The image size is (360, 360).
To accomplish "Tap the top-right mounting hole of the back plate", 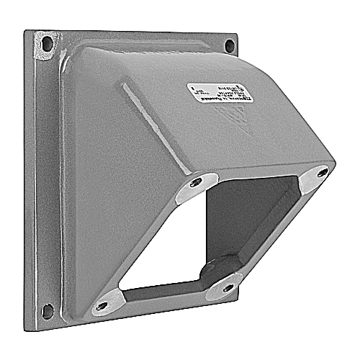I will point(229,45).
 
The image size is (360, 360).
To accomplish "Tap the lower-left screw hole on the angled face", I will point(102,305).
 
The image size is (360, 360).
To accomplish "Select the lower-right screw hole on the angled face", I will point(229,287).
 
